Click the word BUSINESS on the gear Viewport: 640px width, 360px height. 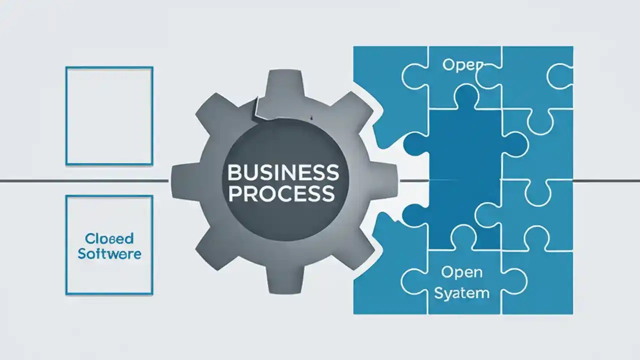tap(283, 173)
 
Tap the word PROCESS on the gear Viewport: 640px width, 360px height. tap(281, 193)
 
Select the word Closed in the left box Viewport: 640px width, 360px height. tap(109, 238)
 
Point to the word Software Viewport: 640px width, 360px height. tap(109, 253)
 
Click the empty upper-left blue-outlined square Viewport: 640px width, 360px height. tap(109, 115)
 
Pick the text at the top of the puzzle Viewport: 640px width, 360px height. tap(463, 65)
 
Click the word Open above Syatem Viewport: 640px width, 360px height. tap(461, 272)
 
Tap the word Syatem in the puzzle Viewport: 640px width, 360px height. tap(461, 292)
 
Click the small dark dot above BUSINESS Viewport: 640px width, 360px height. tap(311, 118)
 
